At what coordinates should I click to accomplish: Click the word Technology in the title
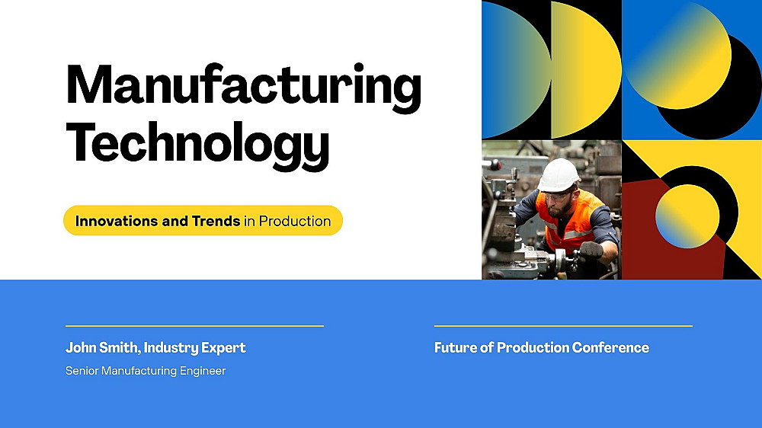(x=198, y=145)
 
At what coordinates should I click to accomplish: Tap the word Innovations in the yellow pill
(x=117, y=221)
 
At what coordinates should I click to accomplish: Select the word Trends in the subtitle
(x=216, y=221)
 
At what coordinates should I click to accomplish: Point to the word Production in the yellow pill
(x=294, y=221)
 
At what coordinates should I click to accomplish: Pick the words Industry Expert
(x=194, y=348)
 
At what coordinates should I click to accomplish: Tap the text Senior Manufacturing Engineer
(x=146, y=371)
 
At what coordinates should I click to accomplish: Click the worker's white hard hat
(x=559, y=175)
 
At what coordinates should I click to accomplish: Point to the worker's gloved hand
(x=591, y=251)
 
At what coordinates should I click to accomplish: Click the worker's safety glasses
(x=558, y=196)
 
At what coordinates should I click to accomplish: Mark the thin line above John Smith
(x=194, y=326)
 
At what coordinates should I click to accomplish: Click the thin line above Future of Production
(x=563, y=326)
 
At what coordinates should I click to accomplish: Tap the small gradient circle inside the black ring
(x=687, y=217)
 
